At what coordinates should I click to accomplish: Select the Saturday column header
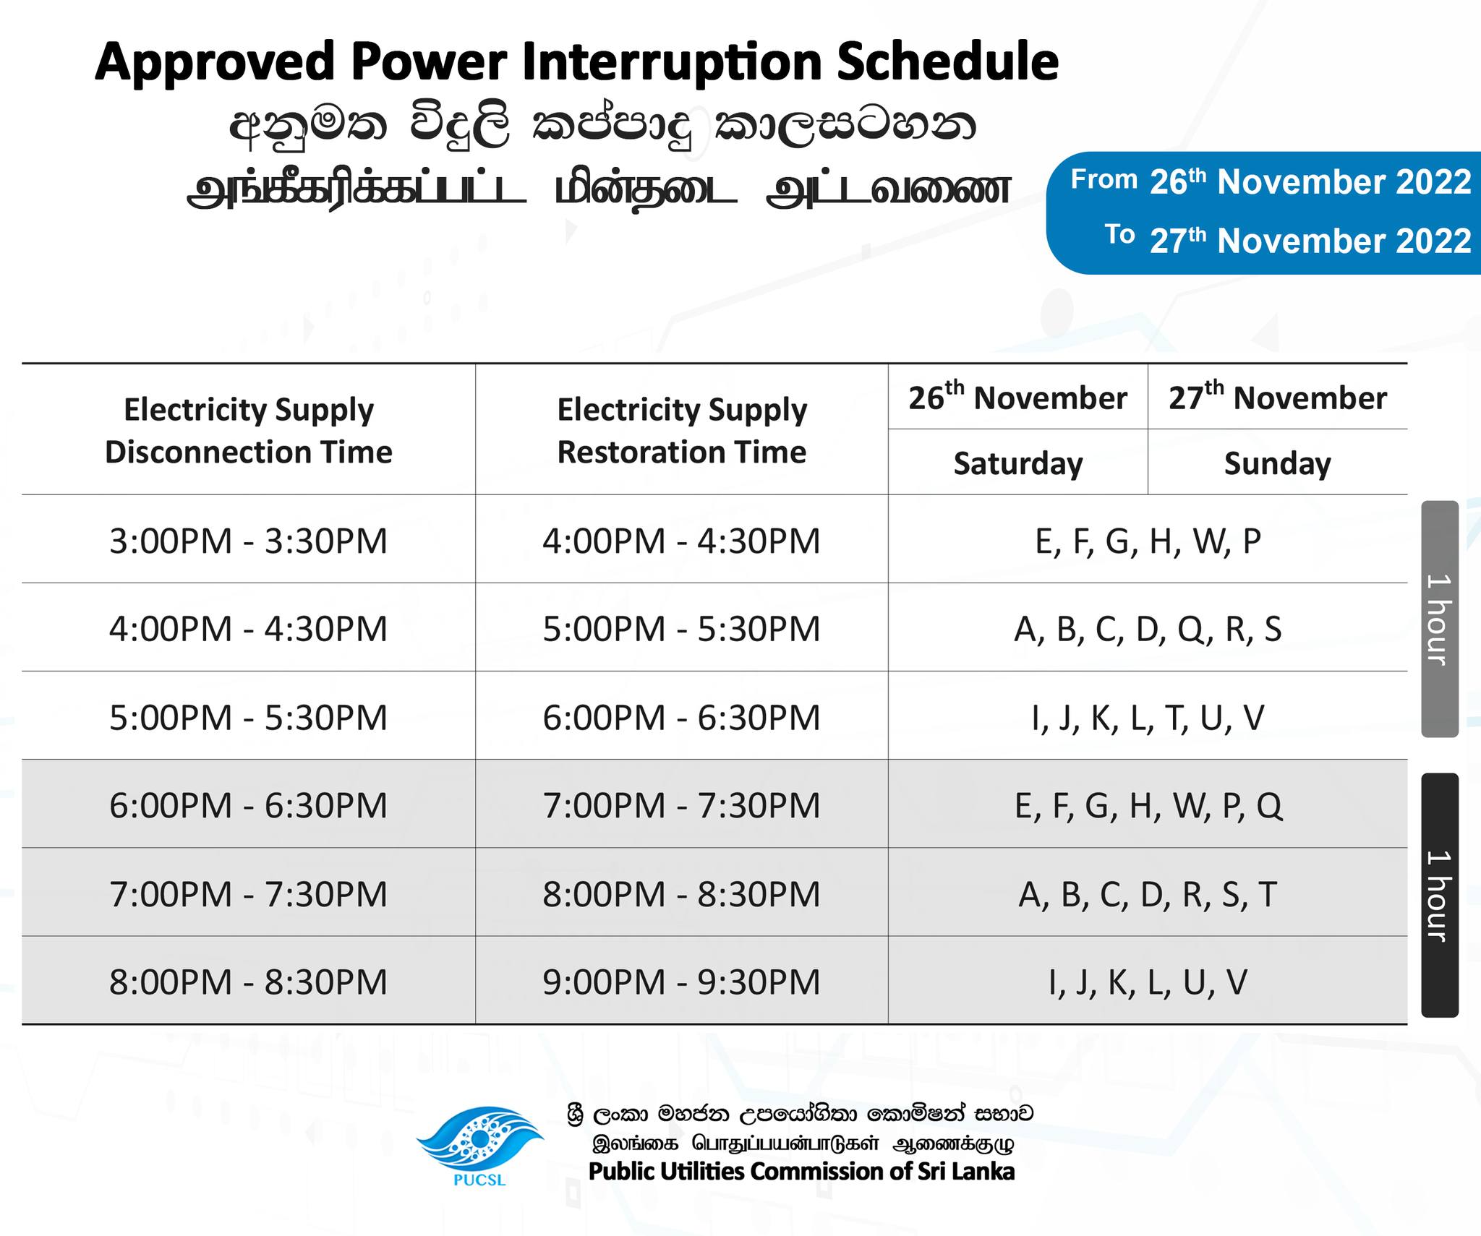click(1018, 463)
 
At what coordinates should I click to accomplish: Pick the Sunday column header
click(1278, 463)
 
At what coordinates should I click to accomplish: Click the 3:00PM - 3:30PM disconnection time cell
click(249, 541)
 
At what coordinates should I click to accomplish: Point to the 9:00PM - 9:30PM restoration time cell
click(682, 982)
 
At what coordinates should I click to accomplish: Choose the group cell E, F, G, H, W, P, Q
click(1148, 805)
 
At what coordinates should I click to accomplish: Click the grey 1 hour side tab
click(1440, 619)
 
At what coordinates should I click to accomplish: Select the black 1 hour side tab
click(1440, 895)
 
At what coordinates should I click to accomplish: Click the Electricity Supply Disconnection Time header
click(249, 431)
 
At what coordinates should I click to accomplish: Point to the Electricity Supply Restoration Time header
click(682, 431)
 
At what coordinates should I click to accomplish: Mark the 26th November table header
click(1018, 397)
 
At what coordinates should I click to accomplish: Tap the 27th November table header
click(1278, 397)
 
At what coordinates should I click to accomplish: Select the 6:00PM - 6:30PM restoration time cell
click(682, 717)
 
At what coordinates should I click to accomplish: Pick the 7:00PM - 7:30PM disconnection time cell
click(249, 893)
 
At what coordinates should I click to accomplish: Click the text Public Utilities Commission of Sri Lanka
click(802, 1171)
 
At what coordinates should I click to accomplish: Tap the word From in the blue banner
click(1104, 179)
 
